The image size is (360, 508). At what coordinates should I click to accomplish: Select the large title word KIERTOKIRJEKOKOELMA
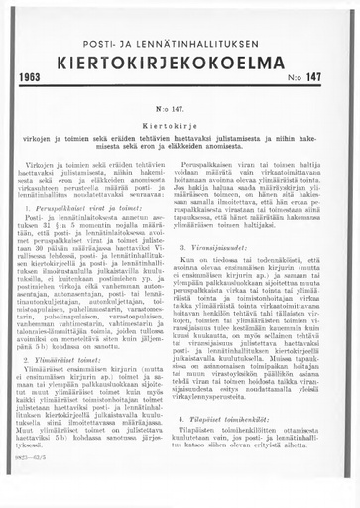(x=180, y=56)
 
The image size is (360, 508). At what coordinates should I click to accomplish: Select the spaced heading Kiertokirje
(x=180, y=127)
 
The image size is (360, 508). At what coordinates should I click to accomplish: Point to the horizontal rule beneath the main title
(x=180, y=86)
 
